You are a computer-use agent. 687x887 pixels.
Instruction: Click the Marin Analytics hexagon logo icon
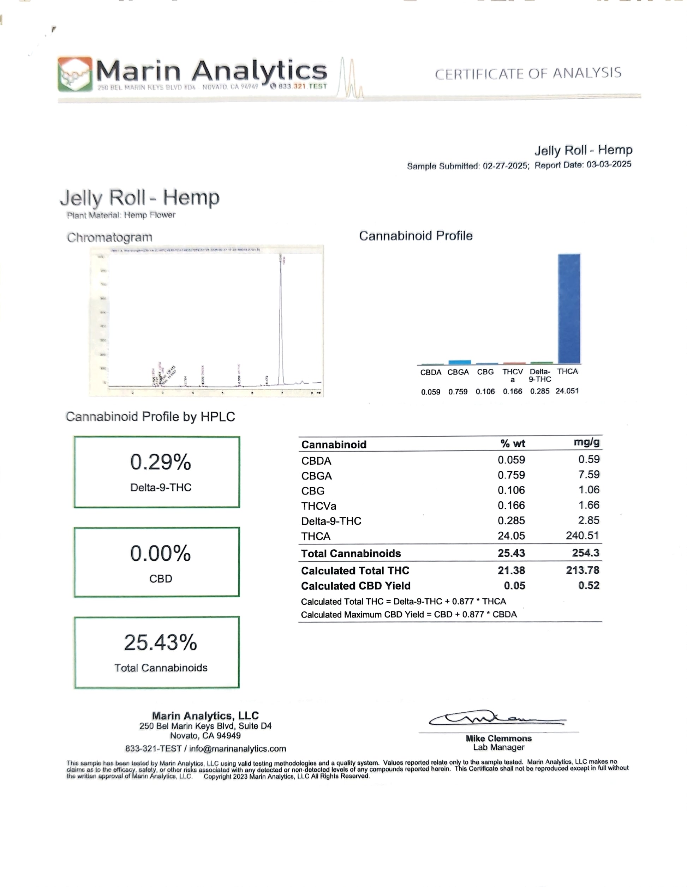[75, 74]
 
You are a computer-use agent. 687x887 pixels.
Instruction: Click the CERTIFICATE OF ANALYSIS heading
[528, 73]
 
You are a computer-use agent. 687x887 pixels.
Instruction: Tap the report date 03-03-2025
[609, 164]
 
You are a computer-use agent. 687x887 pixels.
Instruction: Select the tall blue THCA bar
[569, 309]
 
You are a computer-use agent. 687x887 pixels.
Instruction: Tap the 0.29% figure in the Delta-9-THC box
[161, 462]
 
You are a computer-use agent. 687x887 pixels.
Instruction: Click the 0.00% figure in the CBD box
[161, 553]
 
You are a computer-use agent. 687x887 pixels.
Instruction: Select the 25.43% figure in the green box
[161, 642]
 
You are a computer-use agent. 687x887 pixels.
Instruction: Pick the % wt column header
[513, 443]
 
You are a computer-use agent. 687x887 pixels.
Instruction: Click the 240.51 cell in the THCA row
[582, 535]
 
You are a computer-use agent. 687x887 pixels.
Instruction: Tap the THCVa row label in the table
[318, 506]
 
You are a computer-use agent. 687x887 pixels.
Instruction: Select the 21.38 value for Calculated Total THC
[511, 570]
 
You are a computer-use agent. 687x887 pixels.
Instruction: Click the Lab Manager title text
[498, 747]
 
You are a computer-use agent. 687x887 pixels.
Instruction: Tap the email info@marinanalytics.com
[237, 748]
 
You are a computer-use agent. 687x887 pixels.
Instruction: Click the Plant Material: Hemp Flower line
[121, 215]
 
